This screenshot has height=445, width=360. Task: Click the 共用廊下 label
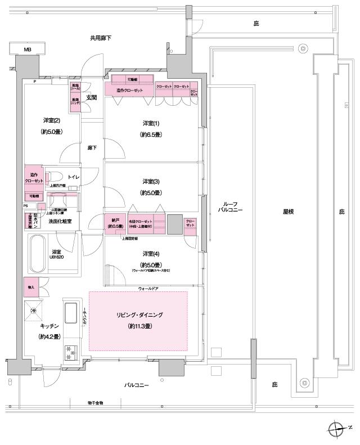101,38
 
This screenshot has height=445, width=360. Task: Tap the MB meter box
27,50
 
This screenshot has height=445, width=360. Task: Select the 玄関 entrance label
92,97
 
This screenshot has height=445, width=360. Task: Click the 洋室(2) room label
51,120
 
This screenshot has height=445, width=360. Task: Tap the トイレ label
74,177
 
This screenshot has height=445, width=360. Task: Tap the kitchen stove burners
71,352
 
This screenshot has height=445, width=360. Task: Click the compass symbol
336,429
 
